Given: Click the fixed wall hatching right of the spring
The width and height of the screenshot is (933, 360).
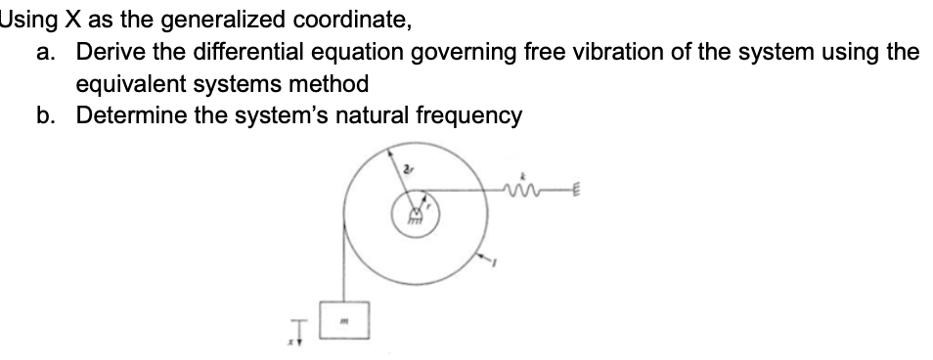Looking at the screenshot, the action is [x=576, y=192].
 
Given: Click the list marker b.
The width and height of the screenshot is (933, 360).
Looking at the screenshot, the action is [x=45, y=115].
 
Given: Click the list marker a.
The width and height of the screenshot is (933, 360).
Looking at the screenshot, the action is [x=45, y=52].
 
